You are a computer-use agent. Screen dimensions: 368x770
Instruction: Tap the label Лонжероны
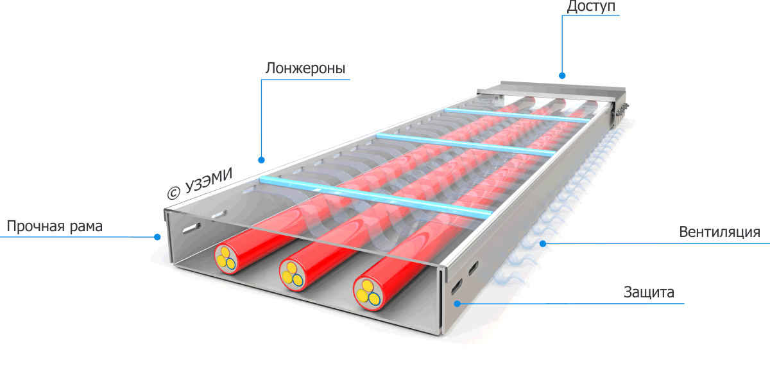click(305, 68)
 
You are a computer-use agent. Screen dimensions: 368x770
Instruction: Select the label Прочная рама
click(55, 226)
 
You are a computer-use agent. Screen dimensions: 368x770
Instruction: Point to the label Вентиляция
click(719, 232)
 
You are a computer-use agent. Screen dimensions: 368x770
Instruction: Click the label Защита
click(649, 293)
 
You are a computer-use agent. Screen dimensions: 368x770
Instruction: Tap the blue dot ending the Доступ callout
click(562, 75)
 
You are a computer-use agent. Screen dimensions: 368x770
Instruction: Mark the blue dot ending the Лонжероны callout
click(262, 160)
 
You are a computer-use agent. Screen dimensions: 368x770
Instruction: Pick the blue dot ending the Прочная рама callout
click(157, 236)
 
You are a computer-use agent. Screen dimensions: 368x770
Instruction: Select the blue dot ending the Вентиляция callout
click(543, 243)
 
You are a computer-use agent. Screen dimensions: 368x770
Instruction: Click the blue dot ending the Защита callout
click(456, 303)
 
